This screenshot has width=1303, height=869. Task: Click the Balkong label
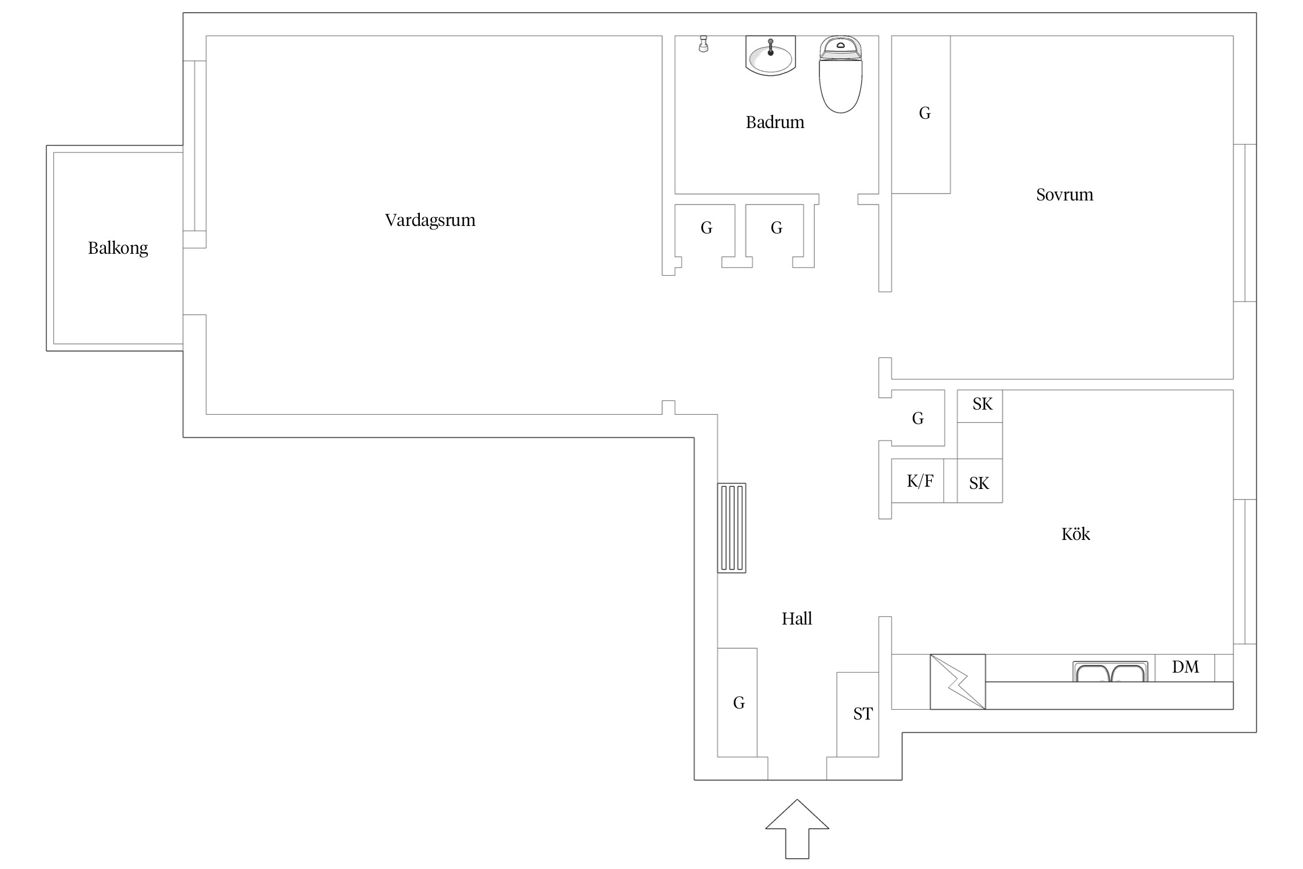(118, 248)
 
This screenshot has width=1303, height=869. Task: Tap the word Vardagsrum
(430, 220)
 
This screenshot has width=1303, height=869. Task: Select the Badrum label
(775, 122)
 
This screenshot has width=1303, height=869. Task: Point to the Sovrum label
(1064, 195)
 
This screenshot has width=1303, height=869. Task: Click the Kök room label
(1075, 534)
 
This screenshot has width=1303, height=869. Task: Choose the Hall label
(797, 619)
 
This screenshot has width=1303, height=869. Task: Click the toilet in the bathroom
(841, 74)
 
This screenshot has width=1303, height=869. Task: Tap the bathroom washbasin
(771, 56)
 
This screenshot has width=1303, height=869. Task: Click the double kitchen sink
(1110, 671)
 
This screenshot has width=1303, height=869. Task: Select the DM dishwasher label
(1185, 667)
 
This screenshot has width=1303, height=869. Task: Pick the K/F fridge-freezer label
(920, 481)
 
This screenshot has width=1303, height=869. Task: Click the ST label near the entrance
(863, 714)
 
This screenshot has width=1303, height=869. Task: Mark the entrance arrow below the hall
(797, 829)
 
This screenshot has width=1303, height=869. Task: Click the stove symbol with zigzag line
(958, 682)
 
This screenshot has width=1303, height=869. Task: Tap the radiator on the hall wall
(732, 528)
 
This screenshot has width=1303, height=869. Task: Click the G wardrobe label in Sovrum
(925, 113)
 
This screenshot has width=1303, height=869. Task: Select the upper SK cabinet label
(983, 404)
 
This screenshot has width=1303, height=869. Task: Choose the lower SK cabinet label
(979, 483)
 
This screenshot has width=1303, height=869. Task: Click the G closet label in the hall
(739, 703)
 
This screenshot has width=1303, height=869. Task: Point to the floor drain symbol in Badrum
(704, 44)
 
